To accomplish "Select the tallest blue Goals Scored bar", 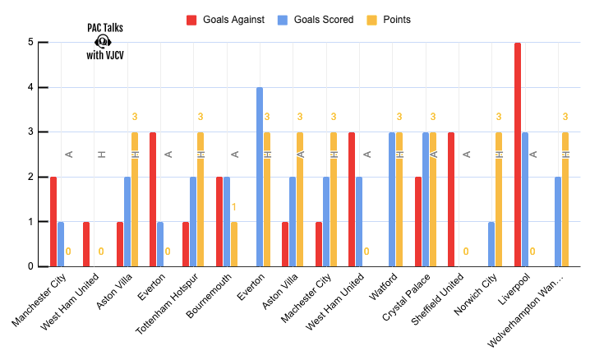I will pyautogui.click(x=260, y=177).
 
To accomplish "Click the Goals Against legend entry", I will pyautogui.click(x=225, y=20).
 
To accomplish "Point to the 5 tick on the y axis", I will pyautogui.click(x=30, y=43).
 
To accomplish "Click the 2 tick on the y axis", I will pyautogui.click(x=30, y=177).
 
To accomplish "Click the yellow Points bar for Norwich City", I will pyautogui.click(x=499, y=199).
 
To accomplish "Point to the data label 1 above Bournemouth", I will pyautogui.click(x=234, y=207).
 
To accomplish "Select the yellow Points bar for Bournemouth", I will pyautogui.click(x=234, y=244).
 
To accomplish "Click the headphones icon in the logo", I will pyautogui.click(x=103, y=41).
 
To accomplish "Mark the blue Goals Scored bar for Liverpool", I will pyautogui.click(x=525, y=199).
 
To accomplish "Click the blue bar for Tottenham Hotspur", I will pyautogui.click(x=193, y=222).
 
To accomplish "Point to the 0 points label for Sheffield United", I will pyautogui.click(x=466, y=252).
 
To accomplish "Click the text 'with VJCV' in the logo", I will pyautogui.click(x=105, y=55).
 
